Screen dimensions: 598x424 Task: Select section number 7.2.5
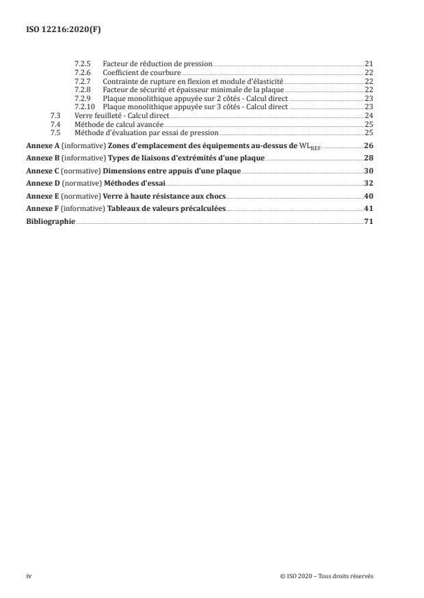[x=81, y=63]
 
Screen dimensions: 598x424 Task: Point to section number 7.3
[x=56, y=115]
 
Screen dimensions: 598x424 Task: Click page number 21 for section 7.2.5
[x=369, y=63]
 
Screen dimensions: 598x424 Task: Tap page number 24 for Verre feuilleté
[x=369, y=115]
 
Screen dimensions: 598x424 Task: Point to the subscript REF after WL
[x=307, y=147]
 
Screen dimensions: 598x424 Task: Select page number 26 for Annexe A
[x=369, y=145]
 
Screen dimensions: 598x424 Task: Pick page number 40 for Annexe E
[x=369, y=196]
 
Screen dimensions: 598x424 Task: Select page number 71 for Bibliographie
[x=369, y=221]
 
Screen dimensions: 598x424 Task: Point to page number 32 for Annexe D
[x=369, y=184]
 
